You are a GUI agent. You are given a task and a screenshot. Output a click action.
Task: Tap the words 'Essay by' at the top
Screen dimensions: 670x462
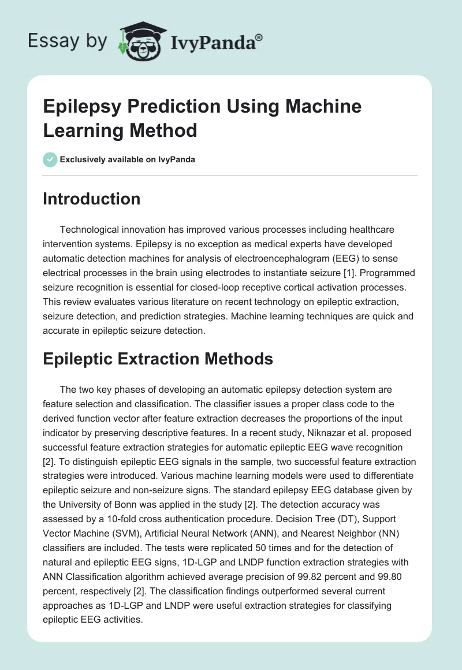click(x=68, y=42)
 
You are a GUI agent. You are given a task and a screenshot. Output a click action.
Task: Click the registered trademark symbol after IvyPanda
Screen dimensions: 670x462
click(x=259, y=37)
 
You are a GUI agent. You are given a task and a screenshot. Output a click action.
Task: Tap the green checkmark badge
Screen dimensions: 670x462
click(x=50, y=159)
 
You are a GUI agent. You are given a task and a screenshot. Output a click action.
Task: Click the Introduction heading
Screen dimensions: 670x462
click(x=92, y=199)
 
